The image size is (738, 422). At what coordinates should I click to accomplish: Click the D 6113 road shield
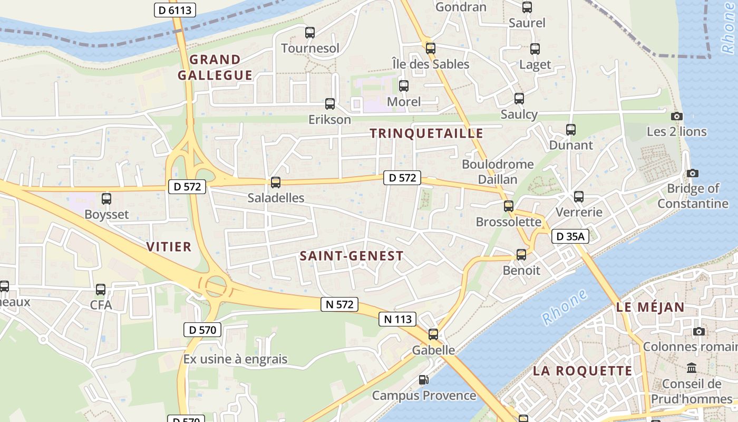[x=175, y=9]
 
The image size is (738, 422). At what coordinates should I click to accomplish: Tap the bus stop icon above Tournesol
[x=310, y=33]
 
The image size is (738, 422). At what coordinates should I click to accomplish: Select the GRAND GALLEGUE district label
[x=215, y=68]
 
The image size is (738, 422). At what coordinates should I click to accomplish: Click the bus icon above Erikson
[x=330, y=104]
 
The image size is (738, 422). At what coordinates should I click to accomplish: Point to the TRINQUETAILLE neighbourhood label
[x=426, y=133]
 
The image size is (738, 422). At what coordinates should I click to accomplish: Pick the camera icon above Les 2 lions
[x=677, y=116]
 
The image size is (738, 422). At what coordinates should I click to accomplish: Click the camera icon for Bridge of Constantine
[x=693, y=173]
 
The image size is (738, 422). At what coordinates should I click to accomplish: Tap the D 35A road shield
[x=570, y=237]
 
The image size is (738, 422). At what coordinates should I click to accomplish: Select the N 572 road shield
[x=339, y=304]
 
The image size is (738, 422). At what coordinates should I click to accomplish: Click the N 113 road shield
[x=397, y=319]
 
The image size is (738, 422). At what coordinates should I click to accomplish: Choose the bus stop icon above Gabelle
[x=433, y=334]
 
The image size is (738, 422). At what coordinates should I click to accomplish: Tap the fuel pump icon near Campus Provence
[x=423, y=380]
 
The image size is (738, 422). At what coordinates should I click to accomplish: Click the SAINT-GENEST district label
[x=352, y=256]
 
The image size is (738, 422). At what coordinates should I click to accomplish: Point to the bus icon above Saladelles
[x=276, y=183]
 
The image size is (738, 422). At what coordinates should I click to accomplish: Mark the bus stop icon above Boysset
[x=106, y=199]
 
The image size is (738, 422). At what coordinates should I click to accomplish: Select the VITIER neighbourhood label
[x=169, y=247]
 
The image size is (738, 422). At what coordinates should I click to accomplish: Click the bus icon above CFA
[x=101, y=289]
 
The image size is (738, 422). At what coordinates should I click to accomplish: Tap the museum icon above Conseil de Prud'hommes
[x=692, y=368]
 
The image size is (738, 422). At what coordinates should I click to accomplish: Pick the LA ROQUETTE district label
[x=582, y=371]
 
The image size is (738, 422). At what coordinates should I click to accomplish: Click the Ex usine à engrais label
[x=236, y=359]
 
